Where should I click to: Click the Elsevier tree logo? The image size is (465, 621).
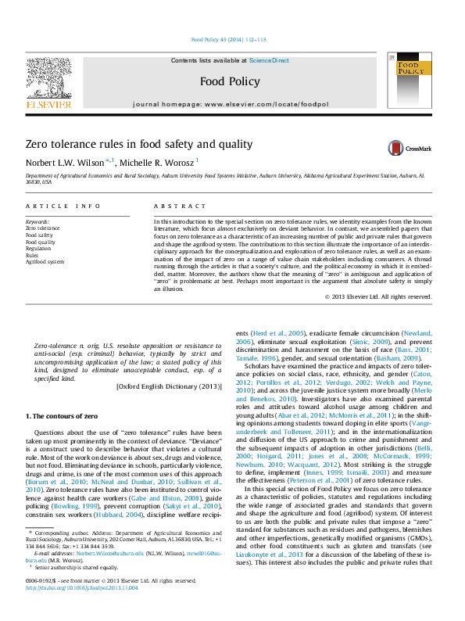tap(48, 82)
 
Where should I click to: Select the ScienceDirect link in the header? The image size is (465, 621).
tap(269, 60)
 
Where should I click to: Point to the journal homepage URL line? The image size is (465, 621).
tap(230, 104)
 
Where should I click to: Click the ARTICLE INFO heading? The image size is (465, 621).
tap(63, 206)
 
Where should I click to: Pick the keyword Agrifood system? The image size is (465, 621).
tap(45, 262)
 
